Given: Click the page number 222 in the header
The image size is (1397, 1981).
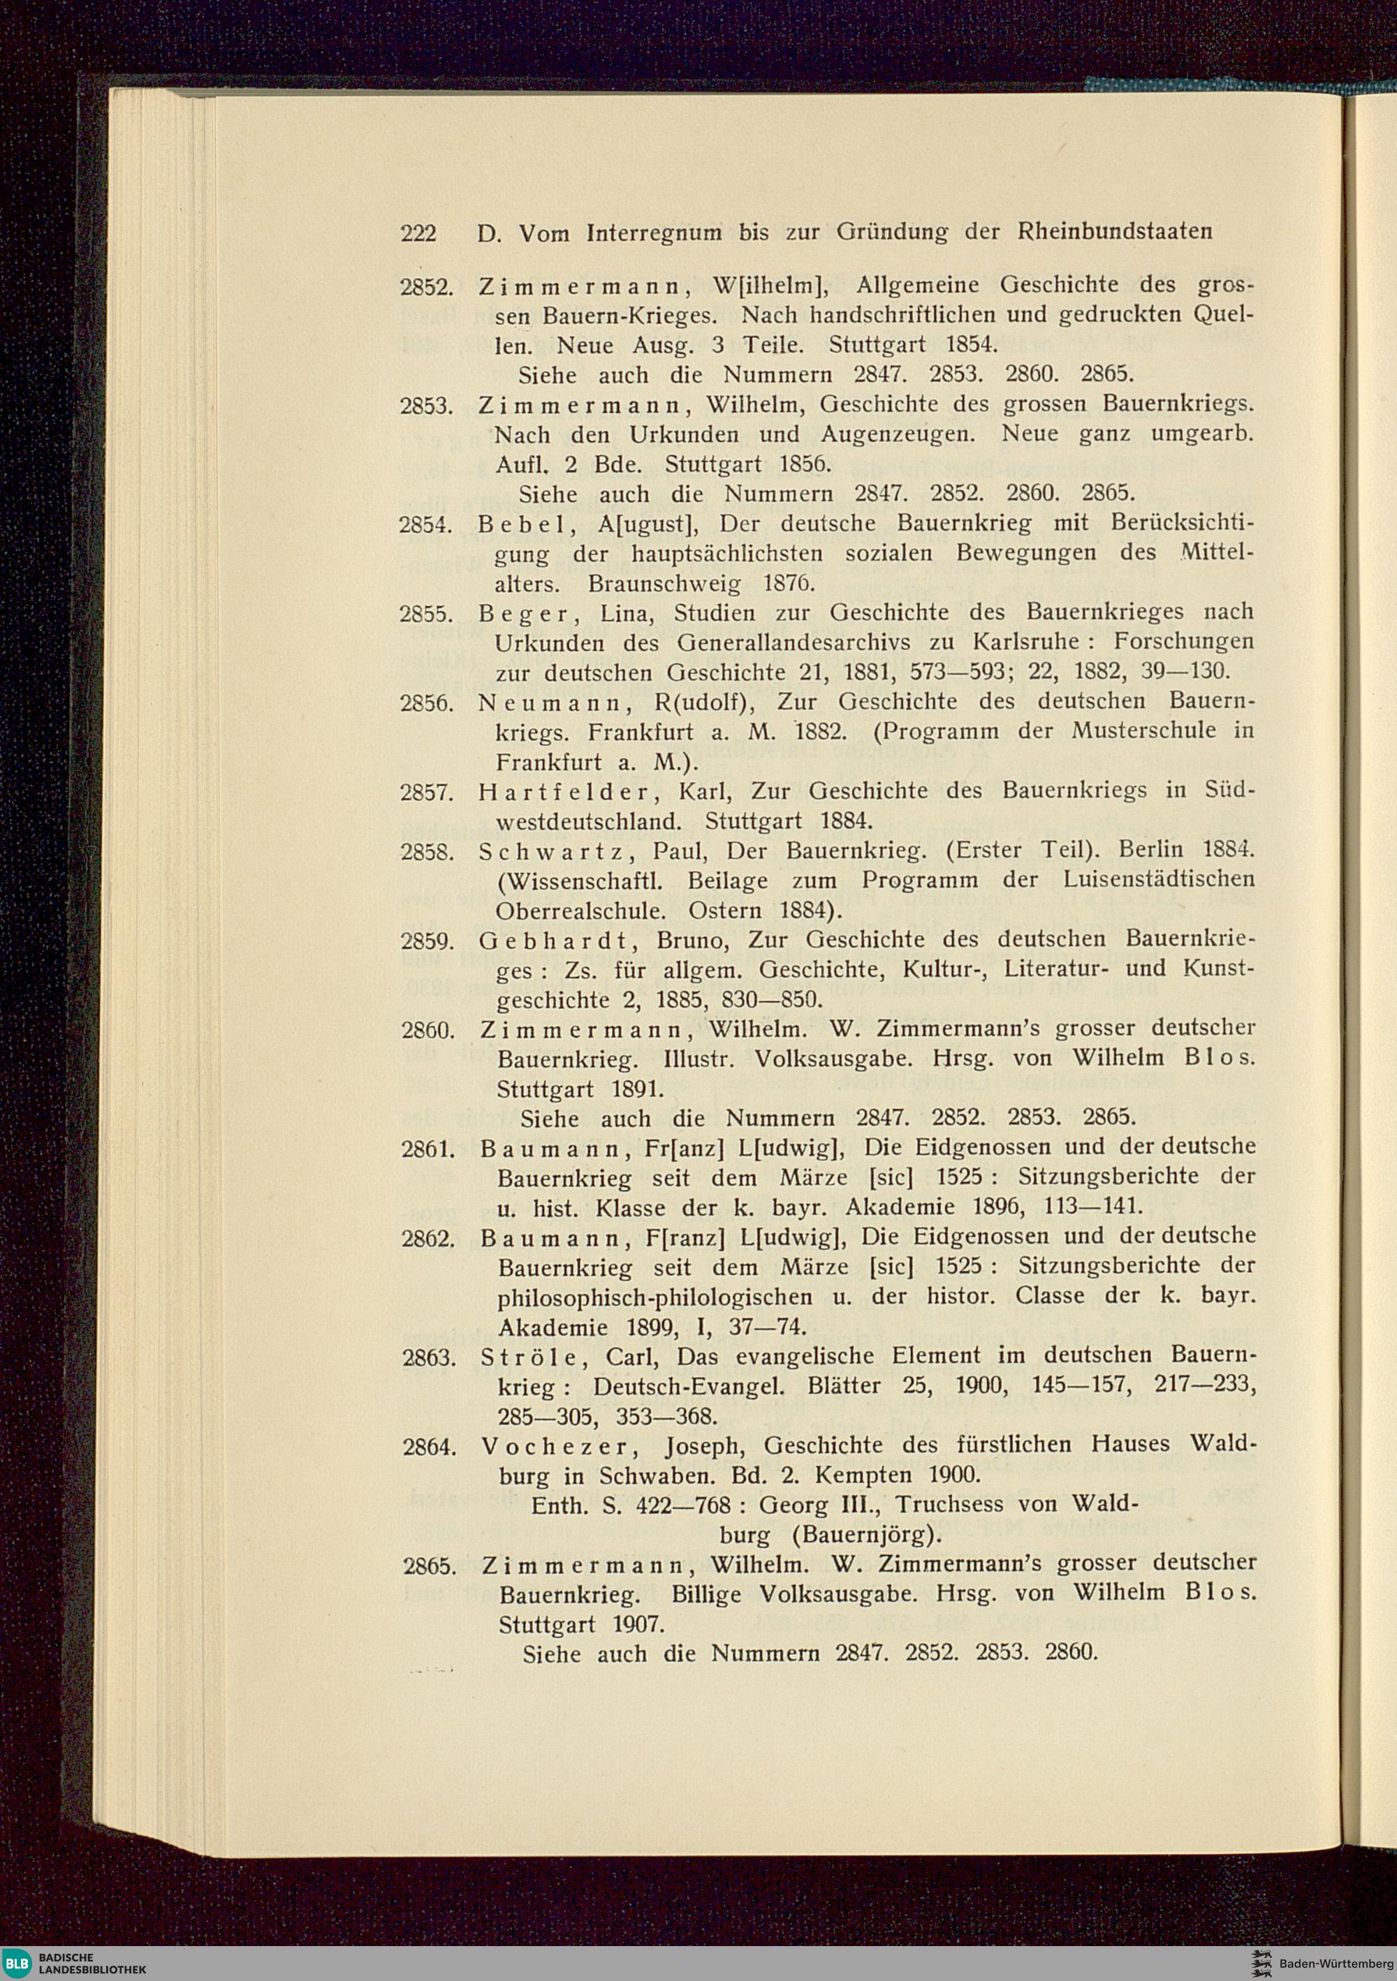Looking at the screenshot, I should point(418,233).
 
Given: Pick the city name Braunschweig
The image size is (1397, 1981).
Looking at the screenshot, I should point(664,584).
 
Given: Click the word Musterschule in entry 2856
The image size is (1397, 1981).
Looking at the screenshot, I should point(1143,731).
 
